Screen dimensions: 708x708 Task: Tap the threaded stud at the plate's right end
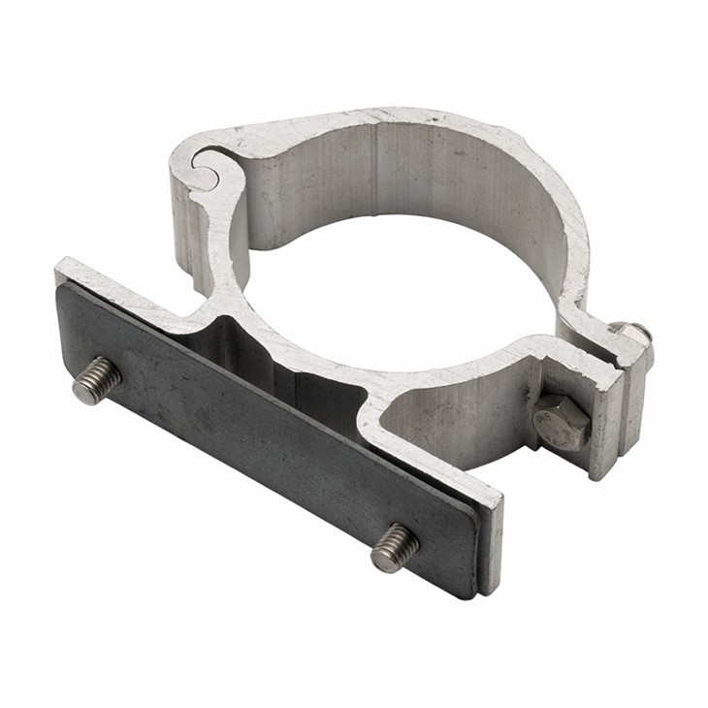395,547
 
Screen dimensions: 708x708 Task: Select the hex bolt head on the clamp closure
561,422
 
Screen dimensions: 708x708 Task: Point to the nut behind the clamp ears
635,335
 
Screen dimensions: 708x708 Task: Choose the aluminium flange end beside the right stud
492,543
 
